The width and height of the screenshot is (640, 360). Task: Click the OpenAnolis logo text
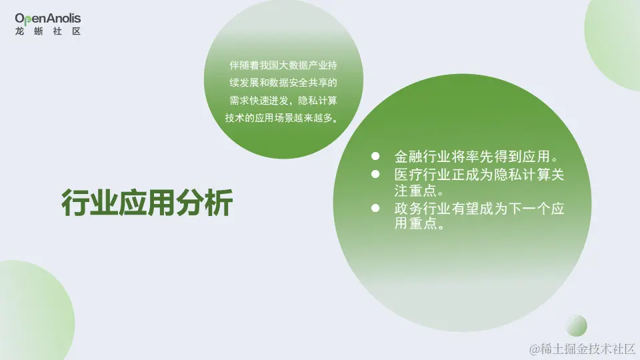48,18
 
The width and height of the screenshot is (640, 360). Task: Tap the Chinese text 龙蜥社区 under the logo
48,31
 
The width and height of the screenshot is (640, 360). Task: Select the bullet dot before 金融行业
375,157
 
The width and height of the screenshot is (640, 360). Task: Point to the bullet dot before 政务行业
375,209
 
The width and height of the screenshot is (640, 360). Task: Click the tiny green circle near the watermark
576,326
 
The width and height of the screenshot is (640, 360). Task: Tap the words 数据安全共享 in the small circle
307,83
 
